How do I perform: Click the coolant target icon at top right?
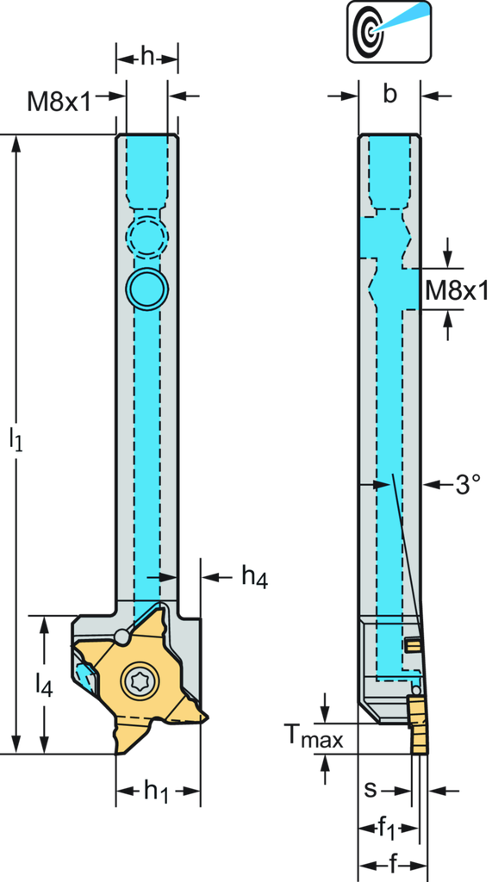pyautogui.click(x=389, y=31)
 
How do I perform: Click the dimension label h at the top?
pyautogui.click(x=147, y=57)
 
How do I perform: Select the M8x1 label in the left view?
pyautogui.click(x=59, y=102)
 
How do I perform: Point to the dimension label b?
pyautogui.click(x=389, y=95)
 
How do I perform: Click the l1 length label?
pyautogui.click(x=16, y=439)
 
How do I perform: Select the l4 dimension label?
pyautogui.click(x=44, y=685)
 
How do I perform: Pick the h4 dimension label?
pyautogui.click(x=254, y=577)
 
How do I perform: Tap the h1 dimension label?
pyautogui.click(x=157, y=792)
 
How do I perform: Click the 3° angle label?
pyautogui.click(x=469, y=484)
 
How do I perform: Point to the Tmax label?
pyautogui.click(x=313, y=736)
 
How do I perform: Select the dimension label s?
pyautogui.click(x=370, y=790)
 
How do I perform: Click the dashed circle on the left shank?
pyautogui.click(x=147, y=235)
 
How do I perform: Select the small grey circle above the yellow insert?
pyautogui.click(x=121, y=637)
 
